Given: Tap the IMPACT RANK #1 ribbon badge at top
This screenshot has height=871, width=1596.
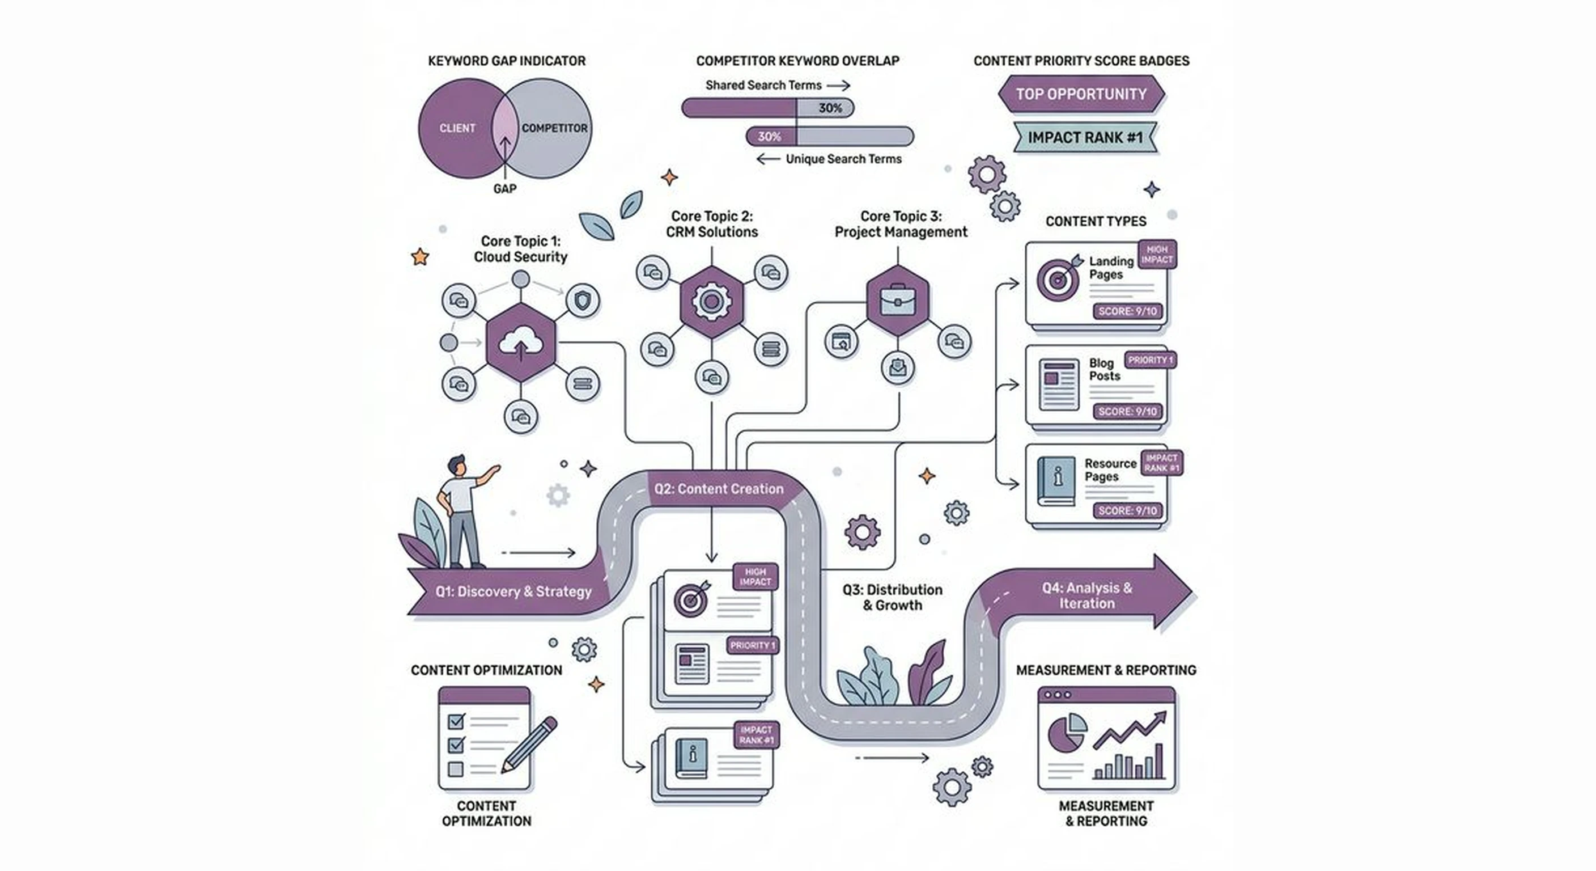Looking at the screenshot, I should (1085, 138).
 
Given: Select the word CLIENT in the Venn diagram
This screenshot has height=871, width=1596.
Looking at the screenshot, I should (457, 128).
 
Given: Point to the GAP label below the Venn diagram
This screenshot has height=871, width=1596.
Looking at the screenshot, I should (504, 188).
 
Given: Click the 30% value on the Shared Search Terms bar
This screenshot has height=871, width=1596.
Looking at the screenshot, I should (830, 108).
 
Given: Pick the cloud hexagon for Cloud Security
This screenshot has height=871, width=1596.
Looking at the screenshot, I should (520, 343).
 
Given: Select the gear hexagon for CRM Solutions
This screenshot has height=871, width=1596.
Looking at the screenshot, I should (711, 302).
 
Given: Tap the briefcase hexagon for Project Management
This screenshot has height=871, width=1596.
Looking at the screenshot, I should (897, 301).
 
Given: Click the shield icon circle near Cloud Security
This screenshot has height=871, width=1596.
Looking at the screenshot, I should (583, 301).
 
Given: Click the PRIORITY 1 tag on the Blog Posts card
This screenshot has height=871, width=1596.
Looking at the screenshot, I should (1150, 360).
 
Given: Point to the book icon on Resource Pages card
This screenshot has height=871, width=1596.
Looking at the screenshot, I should (1056, 481).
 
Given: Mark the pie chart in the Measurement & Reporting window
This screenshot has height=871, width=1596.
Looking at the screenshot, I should (1066, 732).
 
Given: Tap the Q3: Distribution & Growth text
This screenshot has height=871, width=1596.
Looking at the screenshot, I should (892, 598).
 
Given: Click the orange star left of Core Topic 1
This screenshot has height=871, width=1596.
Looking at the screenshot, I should (420, 257).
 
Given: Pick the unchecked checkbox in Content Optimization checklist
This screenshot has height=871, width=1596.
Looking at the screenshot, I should (455, 769).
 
